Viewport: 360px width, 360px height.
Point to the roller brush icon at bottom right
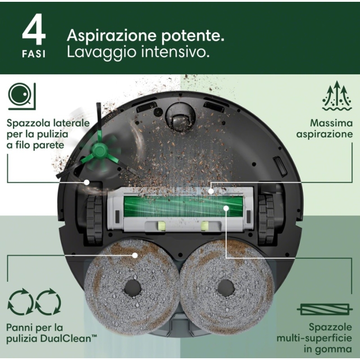tap(324, 310)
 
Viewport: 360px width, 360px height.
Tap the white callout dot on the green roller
tap(226, 208)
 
